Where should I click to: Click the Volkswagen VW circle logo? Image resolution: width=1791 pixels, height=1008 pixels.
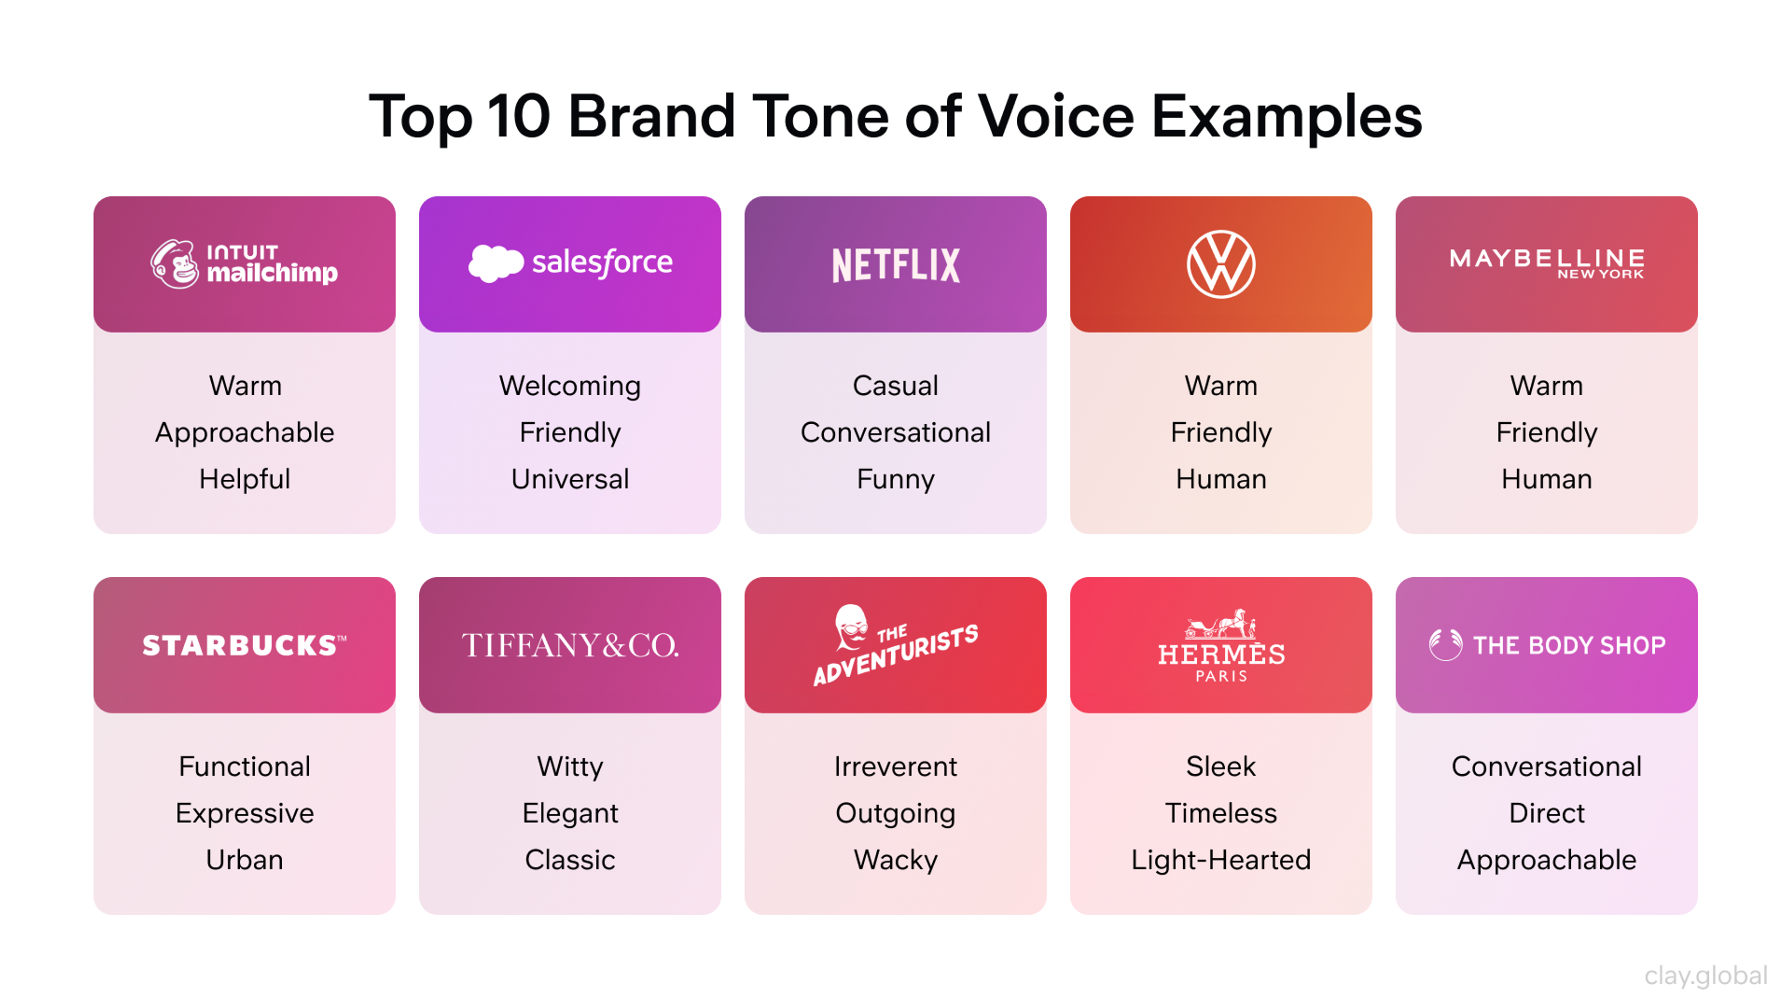tap(1221, 264)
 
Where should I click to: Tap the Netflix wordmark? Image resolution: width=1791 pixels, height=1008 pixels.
tap(895, 265)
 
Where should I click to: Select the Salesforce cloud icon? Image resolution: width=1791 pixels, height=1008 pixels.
tap(495, 263)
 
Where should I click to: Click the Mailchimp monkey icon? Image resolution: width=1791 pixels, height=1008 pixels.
tap(174, 264)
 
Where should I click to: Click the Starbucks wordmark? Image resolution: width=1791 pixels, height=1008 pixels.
tap(244, 645)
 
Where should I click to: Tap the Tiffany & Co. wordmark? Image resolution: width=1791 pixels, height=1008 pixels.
tap(570, 645)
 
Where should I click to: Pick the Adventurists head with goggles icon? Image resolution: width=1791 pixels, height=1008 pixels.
tap(851, 626)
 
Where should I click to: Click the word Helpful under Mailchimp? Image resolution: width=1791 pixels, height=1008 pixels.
tap(244, 479)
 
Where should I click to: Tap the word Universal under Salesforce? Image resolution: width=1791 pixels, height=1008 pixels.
tap(570, 479)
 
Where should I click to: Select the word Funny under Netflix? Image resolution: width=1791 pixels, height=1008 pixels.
tap(895, 479)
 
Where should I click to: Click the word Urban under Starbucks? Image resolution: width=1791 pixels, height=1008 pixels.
tap(244, 860)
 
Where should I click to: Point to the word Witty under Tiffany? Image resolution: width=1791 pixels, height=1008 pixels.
tap(570, 767)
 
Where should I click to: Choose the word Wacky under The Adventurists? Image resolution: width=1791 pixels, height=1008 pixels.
tap(895, 860)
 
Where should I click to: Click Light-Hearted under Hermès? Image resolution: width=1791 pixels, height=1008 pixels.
tap(1221, 860)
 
